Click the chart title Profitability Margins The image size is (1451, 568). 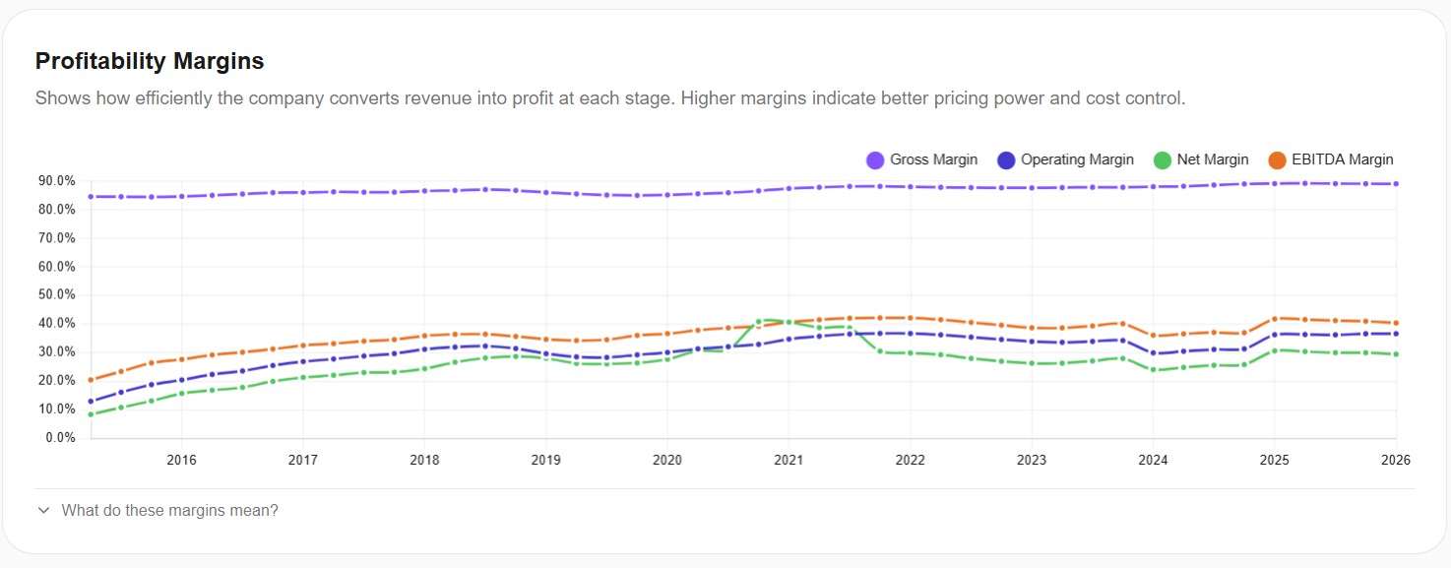click(150, 61)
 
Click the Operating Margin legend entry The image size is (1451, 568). click(1065, 159)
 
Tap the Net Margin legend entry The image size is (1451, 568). click(1201, 159)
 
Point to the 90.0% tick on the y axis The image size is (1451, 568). click(56, 181)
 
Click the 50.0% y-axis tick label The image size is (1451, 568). click(56, 295)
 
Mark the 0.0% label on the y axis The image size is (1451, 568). click(59, 438)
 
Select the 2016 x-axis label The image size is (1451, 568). click(181, 460)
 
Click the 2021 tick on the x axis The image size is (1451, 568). click(789, 460)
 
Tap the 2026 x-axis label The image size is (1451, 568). click(1396, 460)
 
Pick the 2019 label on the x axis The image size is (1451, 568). click(545, 460)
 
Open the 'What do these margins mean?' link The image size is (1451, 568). click(169, 511)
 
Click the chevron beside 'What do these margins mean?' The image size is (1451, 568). click(43, 511)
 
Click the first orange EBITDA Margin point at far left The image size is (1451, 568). click(91, 380)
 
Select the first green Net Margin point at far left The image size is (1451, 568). click(91, 414)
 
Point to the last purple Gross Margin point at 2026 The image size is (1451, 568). click(1396, 184)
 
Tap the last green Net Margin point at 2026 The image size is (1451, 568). click(1396, 354)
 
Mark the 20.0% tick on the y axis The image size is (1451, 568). click(56, 381)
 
